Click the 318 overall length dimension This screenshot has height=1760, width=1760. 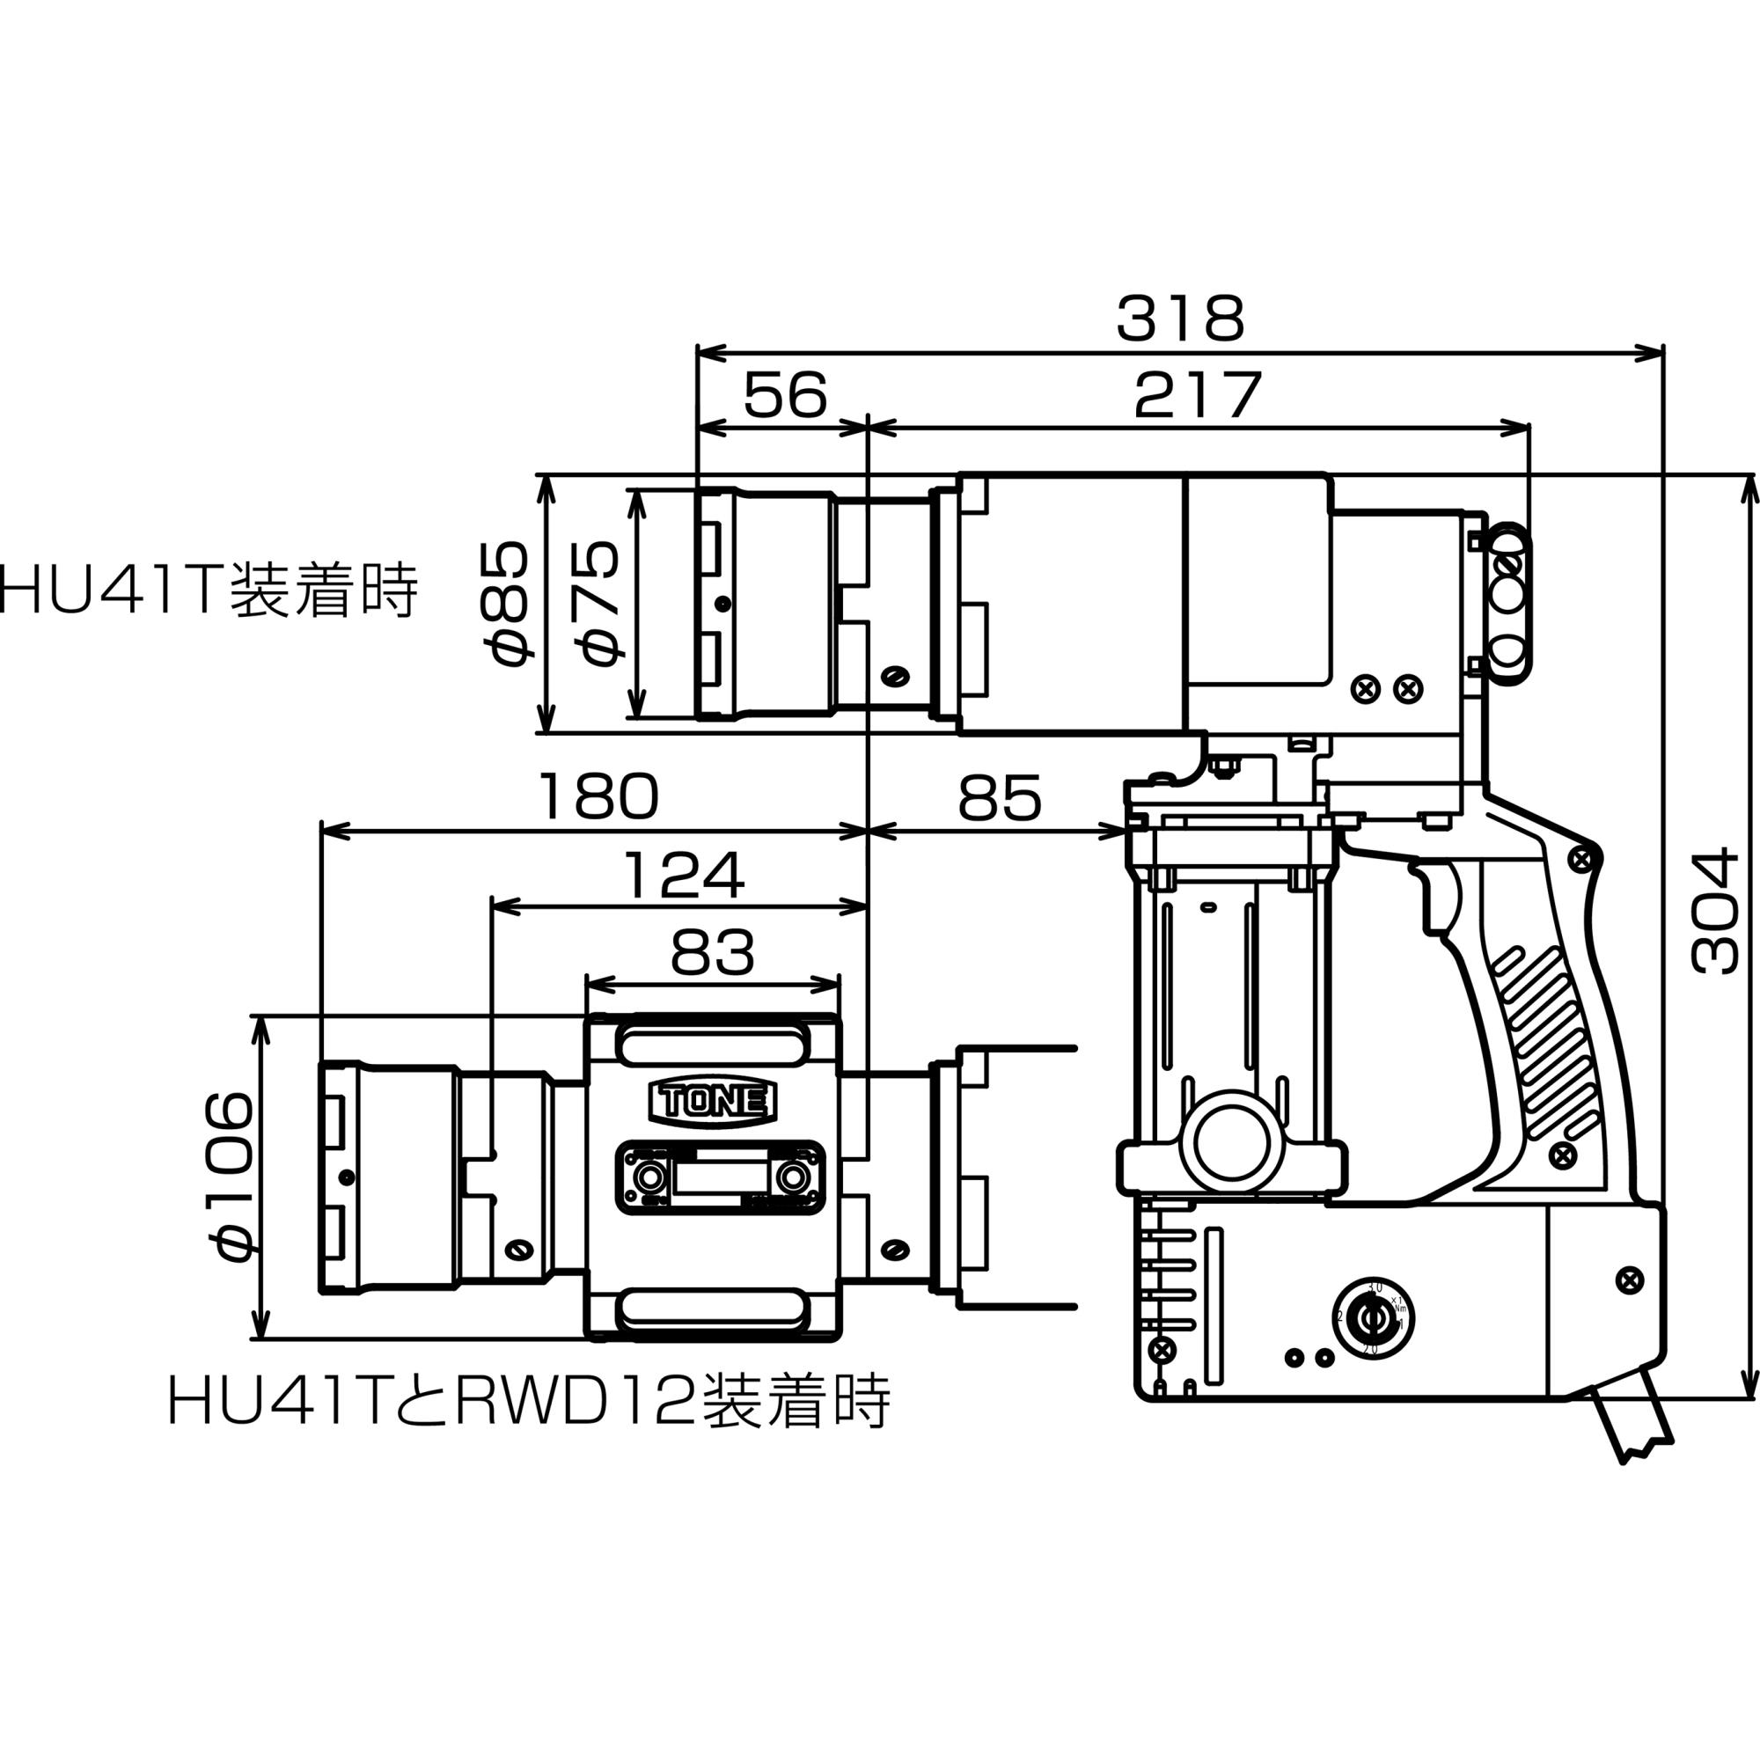click(1180, 319)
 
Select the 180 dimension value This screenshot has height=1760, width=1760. click(598, 796)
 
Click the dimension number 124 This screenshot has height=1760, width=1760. click(684, 875)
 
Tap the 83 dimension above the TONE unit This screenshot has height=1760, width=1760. click(713, 953)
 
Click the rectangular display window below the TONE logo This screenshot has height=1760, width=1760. click(720, 1177)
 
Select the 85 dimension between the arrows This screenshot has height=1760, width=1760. click(999, 799)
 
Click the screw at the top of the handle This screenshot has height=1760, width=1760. click(1582, 857)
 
